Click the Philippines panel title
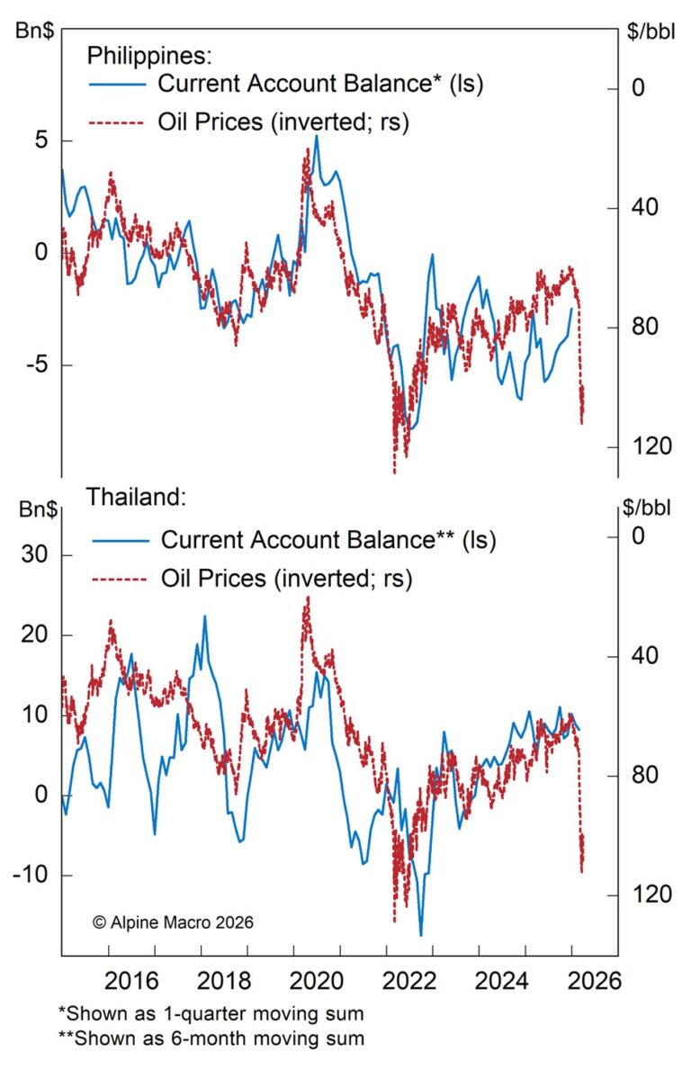149,56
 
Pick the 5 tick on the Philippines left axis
41,141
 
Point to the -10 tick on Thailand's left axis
31,875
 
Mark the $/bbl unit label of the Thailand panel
646,508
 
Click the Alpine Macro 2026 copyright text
173,922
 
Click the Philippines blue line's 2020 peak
316,136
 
